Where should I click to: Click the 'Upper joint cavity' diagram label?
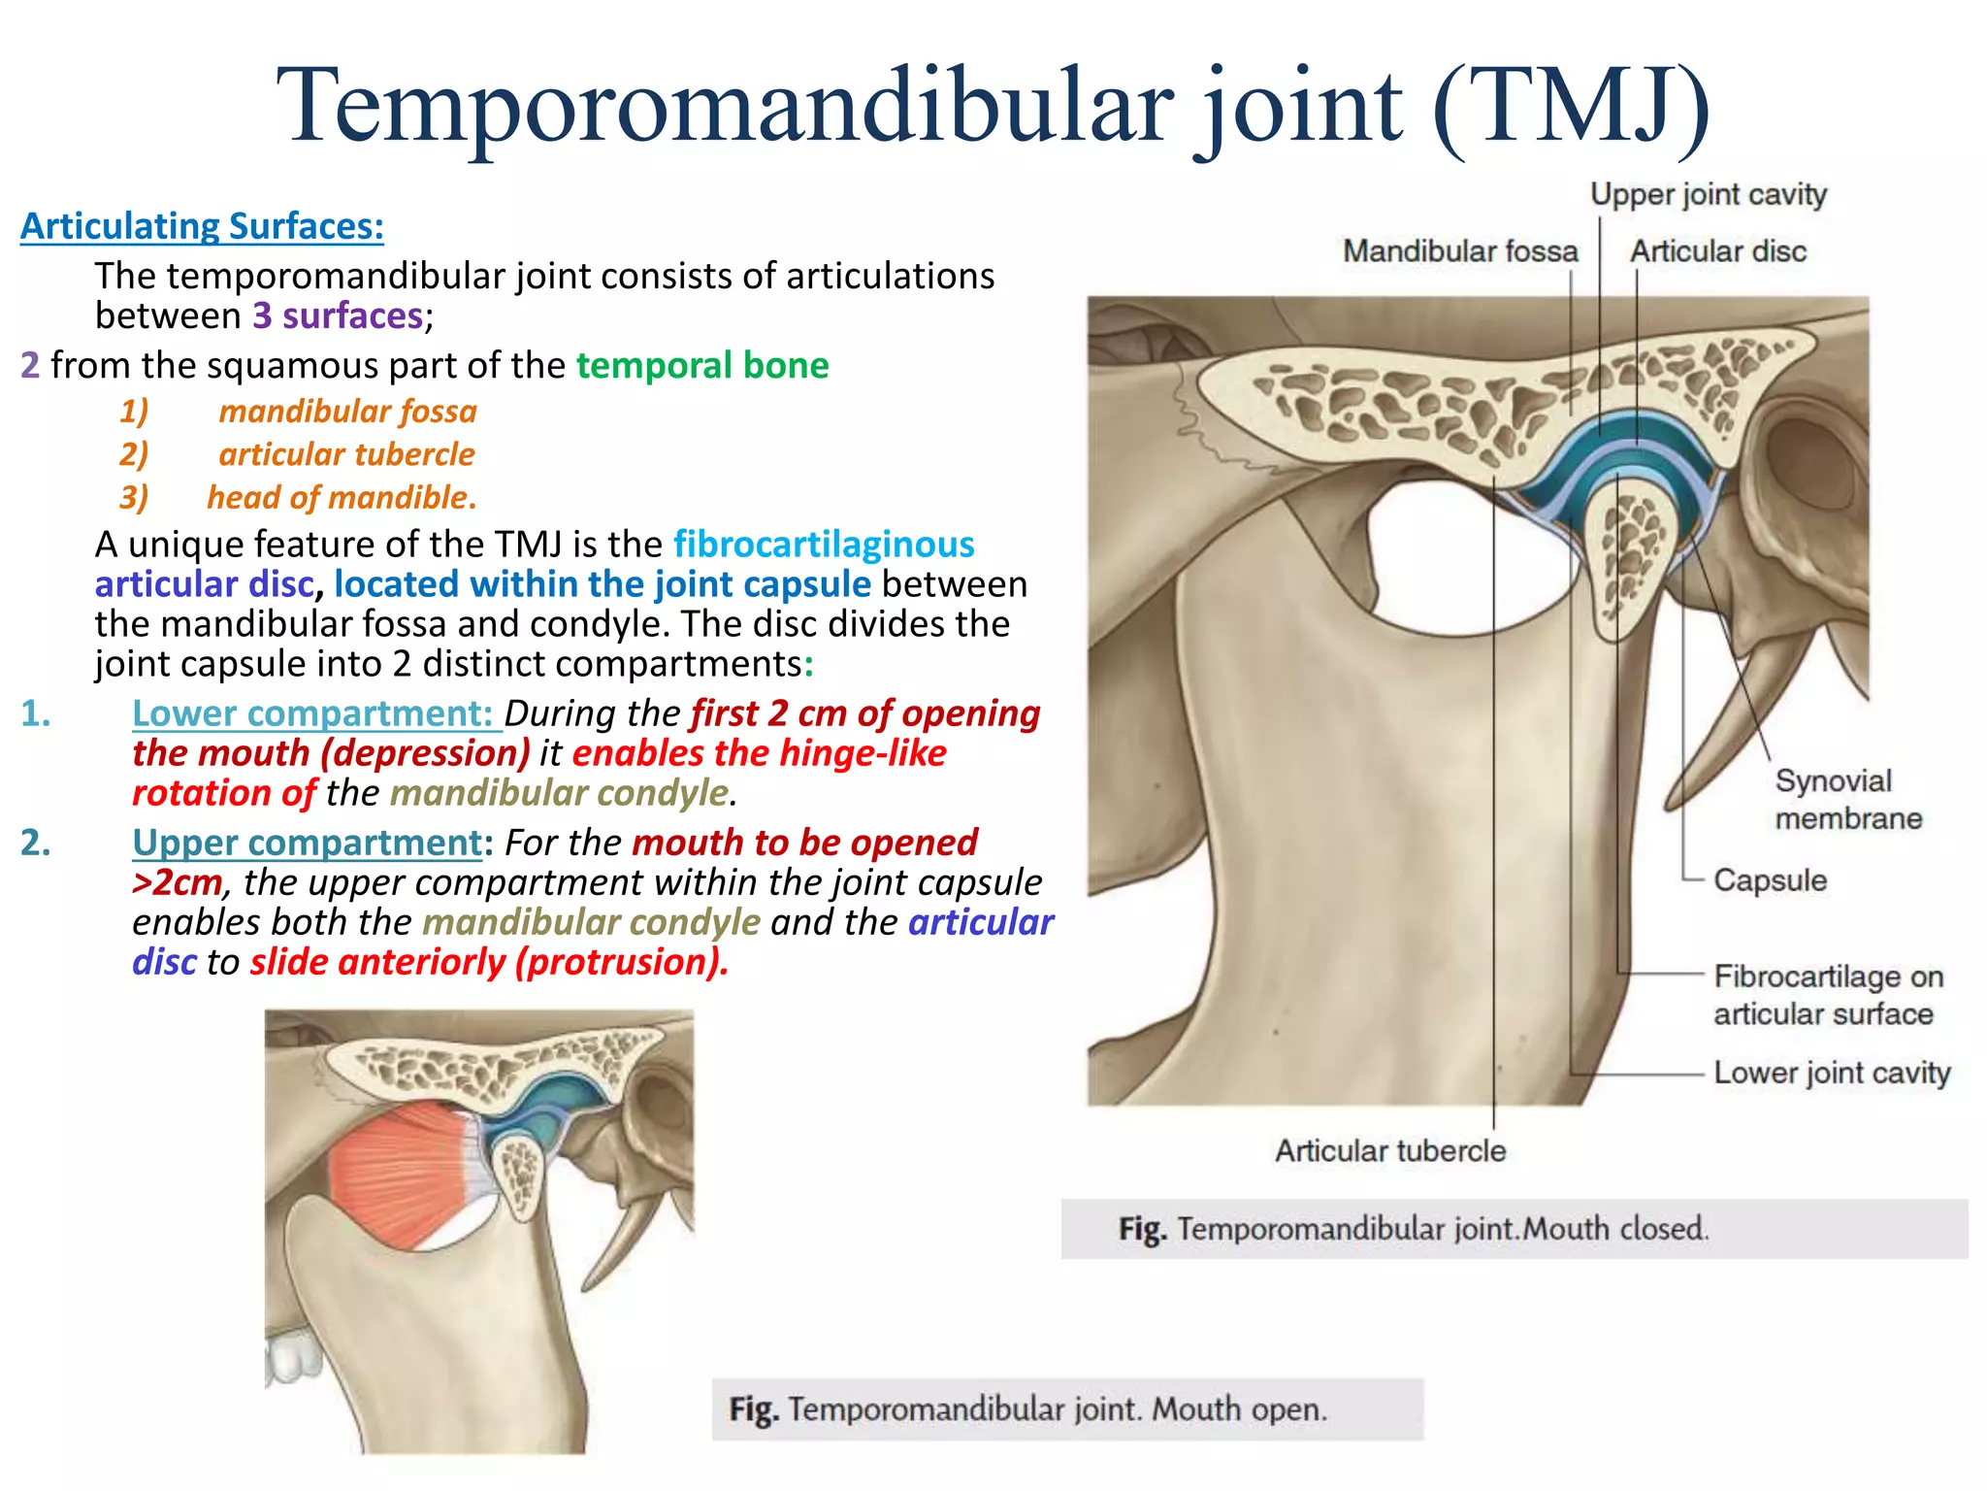[1708, 195]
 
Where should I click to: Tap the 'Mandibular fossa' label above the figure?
[1459, 251]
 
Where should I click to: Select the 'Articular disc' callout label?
[1717, 251]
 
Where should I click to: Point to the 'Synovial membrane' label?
[1847, 799]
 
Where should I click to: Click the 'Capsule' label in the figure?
[1770, 880]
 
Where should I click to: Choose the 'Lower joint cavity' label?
[1831, 1073]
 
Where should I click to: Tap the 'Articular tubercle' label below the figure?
[1389, 1151]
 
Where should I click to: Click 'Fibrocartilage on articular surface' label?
[1828, 995]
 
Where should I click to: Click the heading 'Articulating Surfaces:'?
[202, 226]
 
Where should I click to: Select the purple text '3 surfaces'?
[338, 316]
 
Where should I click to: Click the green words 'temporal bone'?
[702, 366]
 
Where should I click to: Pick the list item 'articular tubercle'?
[346, 454]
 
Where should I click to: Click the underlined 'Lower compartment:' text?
[314, 713]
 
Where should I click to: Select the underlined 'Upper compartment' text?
[307, 843]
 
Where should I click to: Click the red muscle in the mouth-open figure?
[398, 1175]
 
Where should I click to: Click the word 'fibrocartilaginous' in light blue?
[824, 545]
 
